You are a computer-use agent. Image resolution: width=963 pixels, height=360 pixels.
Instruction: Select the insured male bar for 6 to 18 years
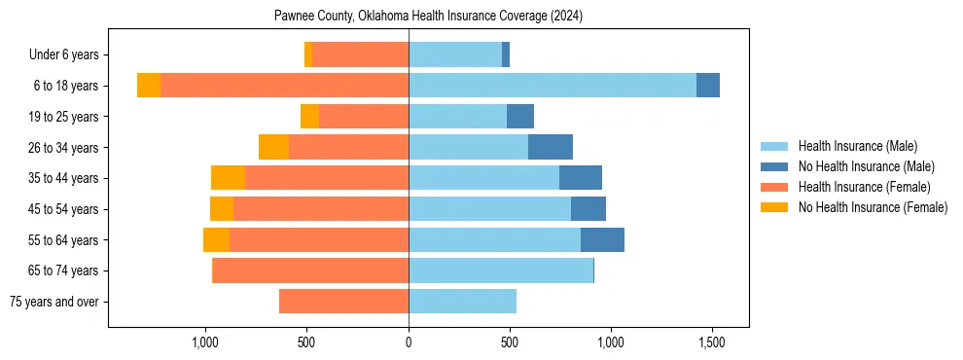(x=552, y=86)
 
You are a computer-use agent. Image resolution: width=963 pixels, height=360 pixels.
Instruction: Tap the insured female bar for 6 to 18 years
(x=284, y=86)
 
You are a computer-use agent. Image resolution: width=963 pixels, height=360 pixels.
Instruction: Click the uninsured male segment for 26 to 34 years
(x=551, y=147)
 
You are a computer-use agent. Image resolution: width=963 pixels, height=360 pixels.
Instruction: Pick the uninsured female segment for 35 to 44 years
(x=228, y=178)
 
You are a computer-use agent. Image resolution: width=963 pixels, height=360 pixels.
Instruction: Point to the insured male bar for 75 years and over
(x=462, y=302)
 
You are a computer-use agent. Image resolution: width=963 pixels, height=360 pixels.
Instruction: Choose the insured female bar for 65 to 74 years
(x=310, y=270)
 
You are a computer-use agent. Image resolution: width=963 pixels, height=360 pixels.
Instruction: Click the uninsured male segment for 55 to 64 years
(x=602, y=239)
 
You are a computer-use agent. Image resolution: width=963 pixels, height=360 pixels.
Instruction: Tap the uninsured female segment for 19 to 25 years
(x=309, y=117)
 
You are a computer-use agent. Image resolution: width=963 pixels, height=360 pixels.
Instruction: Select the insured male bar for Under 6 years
(x=455, y=54)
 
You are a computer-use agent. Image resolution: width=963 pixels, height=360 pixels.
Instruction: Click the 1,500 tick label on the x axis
(x=712, y=342)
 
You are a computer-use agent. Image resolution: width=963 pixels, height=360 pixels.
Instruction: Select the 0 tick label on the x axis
(x=409, y=342)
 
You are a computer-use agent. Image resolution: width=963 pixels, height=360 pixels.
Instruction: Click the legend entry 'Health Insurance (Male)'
(x=857, y=146)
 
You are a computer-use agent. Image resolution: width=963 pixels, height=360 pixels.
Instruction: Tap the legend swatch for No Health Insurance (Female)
(x=775, y=207)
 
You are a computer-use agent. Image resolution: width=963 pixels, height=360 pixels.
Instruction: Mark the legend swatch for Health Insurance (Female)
(x=775, y=187)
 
